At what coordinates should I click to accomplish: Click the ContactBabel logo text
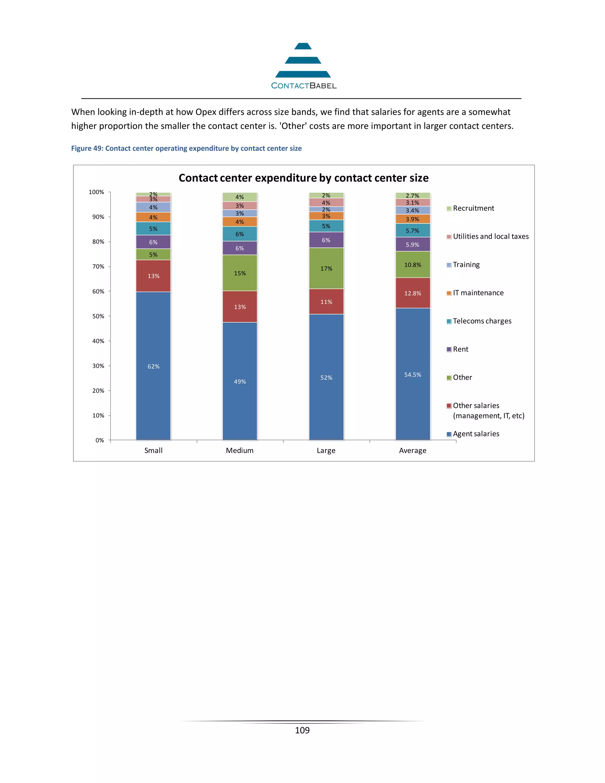tap(304, 86)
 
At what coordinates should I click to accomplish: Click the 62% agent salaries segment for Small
tap(153, 366)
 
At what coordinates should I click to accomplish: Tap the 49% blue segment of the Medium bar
tap(240, 381)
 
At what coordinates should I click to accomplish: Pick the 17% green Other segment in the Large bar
tap(326, 269)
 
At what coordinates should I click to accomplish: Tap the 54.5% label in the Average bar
tap(412, 375)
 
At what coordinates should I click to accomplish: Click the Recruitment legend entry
tap(473, 208)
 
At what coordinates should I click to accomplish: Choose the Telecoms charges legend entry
tap(482, 321)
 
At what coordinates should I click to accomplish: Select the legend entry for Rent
tap(460, 349)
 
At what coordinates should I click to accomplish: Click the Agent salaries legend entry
tap(476, 434)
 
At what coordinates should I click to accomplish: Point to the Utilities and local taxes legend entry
tap(490, 236)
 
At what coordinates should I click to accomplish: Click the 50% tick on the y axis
tap(98, 316)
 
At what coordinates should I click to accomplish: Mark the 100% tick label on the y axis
tap(96, 192)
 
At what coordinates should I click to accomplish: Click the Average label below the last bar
tap(412, 450)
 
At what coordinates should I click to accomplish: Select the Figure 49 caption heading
tap(186, 148)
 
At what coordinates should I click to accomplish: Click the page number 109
tap(302, 730)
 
